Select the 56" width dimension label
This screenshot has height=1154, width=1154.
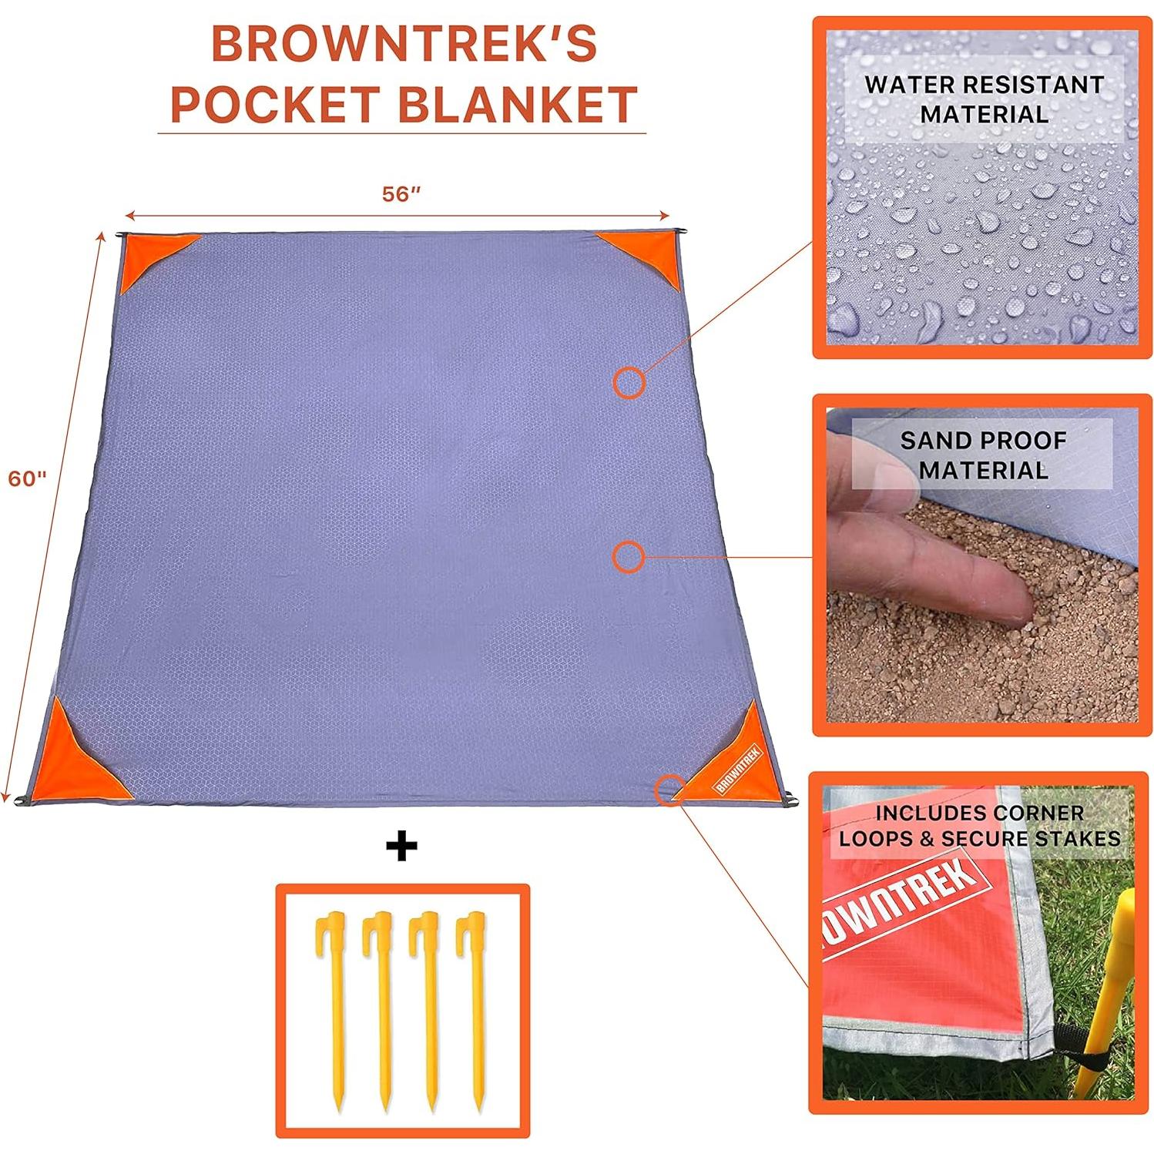(401, 194)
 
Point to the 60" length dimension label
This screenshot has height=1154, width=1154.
(28, 478)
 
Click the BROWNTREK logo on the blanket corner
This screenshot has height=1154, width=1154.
(738, 769)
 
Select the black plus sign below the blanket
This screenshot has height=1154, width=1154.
(401, 847)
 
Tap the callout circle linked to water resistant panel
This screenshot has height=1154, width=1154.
(629, 382)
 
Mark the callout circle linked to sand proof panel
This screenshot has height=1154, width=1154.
(628, 556)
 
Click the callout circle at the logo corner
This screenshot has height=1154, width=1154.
(669, 790)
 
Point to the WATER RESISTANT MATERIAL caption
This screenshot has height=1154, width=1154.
(984, 99)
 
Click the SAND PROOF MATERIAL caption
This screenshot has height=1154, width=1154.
(983, 455)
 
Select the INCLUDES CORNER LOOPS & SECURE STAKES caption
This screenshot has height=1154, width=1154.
(979, 826)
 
